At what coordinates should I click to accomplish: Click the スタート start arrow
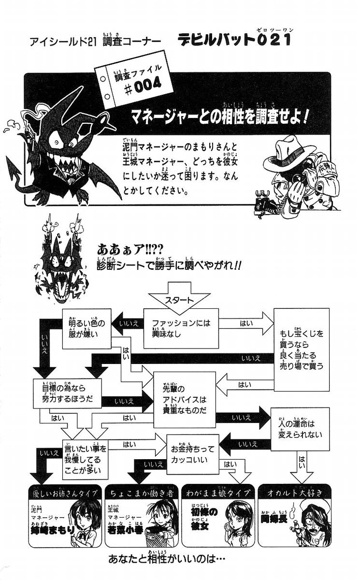pyautogui.click(x=180, y=300)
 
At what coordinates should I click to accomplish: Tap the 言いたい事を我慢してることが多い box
pyautogui.click(x=85, y=459)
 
